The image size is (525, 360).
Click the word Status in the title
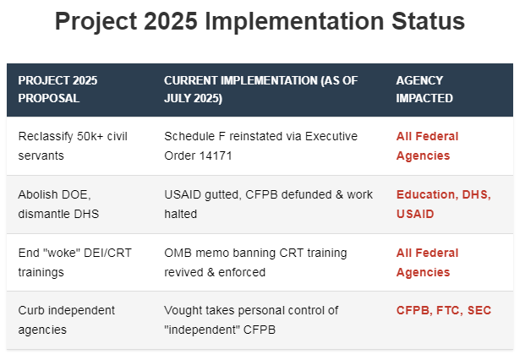428,21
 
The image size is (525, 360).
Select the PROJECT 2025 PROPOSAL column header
57,90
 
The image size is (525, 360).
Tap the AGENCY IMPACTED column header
424,90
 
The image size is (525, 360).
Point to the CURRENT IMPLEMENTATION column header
261,90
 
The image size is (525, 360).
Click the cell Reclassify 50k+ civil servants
73,146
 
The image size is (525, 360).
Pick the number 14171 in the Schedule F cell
216,155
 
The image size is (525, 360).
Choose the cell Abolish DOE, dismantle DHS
58,205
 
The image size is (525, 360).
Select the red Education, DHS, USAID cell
444,205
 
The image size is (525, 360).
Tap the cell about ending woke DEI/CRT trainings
75,262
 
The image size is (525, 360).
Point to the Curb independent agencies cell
66,319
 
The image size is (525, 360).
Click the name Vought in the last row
183,310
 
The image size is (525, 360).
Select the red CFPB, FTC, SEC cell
444,310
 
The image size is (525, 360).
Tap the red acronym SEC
479,310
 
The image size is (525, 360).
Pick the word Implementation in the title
294,21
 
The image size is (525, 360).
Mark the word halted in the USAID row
180,214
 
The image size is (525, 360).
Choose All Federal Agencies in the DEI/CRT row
427,262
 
